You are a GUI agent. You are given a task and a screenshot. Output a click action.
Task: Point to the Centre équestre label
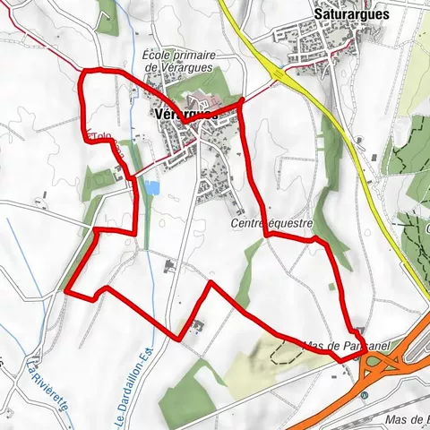point(270,222)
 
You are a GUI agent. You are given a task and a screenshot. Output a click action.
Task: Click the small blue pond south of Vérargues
point(152,188)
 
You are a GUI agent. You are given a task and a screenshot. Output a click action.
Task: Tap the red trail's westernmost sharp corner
point(67,288)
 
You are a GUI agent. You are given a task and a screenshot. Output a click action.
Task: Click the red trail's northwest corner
point(82,71)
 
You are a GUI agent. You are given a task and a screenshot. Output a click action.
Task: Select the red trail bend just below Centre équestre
point(268,235)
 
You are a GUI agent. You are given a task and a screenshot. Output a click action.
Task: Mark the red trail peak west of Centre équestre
point(211,284)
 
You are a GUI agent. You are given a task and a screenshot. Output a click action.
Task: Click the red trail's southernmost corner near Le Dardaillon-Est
point(181,338)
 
